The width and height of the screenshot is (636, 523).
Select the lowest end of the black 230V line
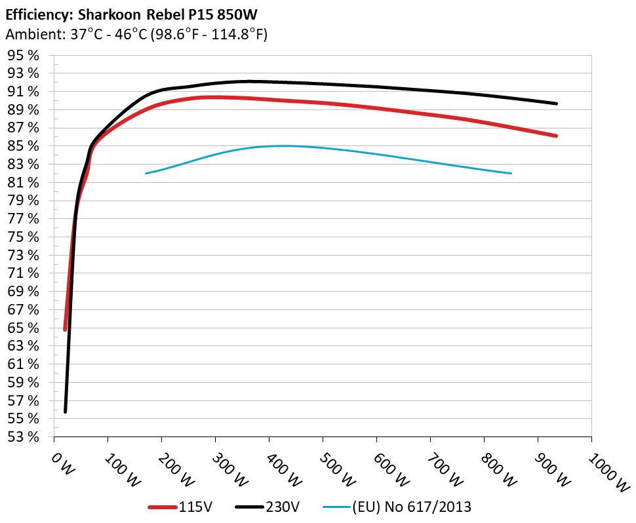tap(66, 411)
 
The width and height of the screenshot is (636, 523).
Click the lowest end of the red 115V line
tap(65, 328)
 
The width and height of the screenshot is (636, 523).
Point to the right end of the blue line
tap(510, 173)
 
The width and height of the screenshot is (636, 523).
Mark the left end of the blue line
tap(146, 173)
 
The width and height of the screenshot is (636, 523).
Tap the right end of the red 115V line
tap(556, 136)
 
